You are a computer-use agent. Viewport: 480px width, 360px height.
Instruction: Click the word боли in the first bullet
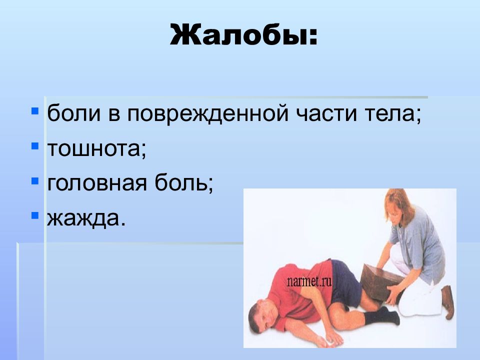[74, 113]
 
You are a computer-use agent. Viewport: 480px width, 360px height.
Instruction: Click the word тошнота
[93, 148]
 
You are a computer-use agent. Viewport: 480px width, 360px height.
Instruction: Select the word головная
[96, 183]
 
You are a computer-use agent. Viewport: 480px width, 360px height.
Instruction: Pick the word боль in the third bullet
[180, 182]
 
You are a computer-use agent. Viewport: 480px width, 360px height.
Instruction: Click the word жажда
[82, 218]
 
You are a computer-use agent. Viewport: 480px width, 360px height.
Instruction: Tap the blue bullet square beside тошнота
[35, 145]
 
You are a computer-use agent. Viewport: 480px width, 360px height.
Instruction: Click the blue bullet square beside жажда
[35, 215]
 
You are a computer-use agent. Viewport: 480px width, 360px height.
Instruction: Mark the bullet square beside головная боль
[35, 180]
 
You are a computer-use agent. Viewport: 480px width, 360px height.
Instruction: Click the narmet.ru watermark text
[309, 281]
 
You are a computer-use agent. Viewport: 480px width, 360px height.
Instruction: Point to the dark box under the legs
[381, 282]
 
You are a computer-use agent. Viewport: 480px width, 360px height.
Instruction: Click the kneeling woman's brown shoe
[447, 301]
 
